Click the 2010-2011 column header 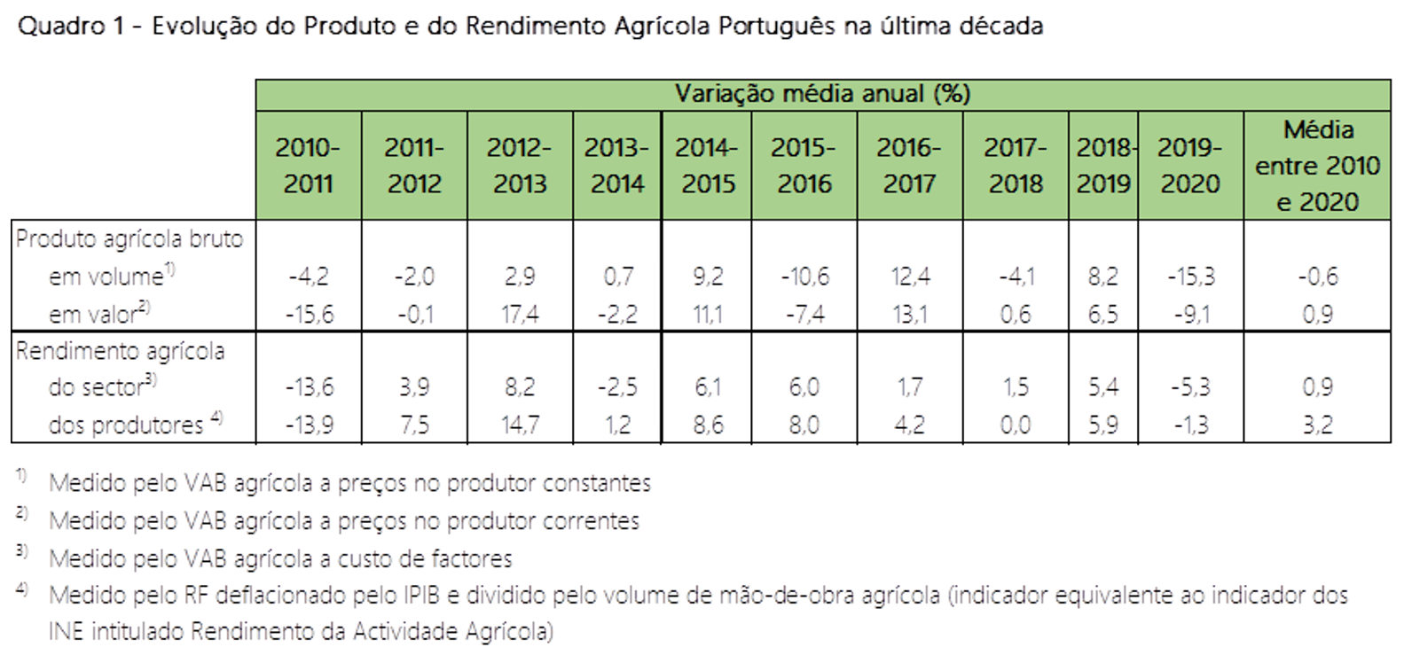click(x=308, y=166)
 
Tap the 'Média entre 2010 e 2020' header click(x=1317, y=166)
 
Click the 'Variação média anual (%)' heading click(x=822, y=94)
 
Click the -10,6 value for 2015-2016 click(x=804, y=277)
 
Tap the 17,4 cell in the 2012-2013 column click(x=520, y=314)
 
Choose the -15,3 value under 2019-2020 click(x=1190, y=277)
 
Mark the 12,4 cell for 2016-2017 click(x=910, y=277)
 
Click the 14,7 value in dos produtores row click(x=520, y=425)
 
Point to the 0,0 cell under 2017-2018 click(x=1016, y=425)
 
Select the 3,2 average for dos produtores click(x=1317, y=425)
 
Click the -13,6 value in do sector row click(x=310, y=387)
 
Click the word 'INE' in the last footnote click(x=67, y=632)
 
